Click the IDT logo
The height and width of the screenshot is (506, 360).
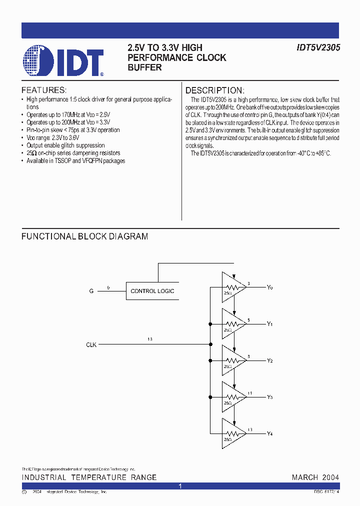[x=63, y=61]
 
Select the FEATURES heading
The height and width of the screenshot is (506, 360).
[x=44, y=90]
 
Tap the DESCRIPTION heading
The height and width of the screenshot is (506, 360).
[x=215, y=90]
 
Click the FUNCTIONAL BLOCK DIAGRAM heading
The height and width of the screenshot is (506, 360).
[x=84, y=236]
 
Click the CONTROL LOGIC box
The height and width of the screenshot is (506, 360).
[x=152, y=291]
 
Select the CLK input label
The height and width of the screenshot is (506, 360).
[x=91, y=344]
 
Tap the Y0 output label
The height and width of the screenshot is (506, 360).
[x=270, y=287]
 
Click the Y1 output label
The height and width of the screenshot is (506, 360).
[x=270, y=324]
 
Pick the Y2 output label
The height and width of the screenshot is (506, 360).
[x=270, y=360]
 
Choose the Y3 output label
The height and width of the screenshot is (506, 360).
[x=270, y=397]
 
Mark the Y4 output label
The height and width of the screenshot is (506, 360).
[x=270, y=433]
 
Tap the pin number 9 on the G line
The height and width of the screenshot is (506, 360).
[x=108, y=287]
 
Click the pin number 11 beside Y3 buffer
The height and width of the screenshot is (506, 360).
[x=249, y=393]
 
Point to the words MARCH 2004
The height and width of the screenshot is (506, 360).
[x=315, y=477]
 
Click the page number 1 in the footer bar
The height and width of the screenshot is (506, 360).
[x=180, y=486]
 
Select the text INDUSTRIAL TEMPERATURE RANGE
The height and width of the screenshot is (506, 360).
[x=89, y=477]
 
